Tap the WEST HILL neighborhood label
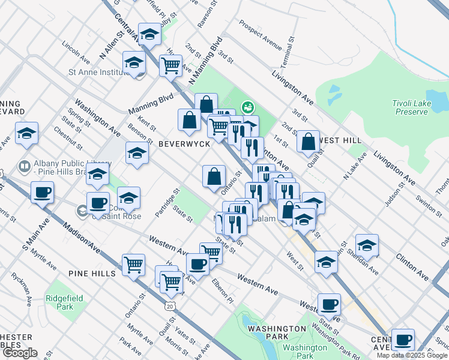(342, 140)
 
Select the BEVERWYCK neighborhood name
(184, 145)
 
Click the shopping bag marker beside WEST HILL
(308, 142)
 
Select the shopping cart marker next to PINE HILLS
(133, 265)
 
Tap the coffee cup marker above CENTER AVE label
(403, 340)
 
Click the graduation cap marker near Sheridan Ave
(367, 245)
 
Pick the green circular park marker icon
(247, 108)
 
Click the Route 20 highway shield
(170, 306)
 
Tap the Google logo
(20, 353)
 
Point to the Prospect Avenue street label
(260, 35)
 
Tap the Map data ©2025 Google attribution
(412, 355)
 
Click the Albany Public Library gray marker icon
(25, 166)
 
